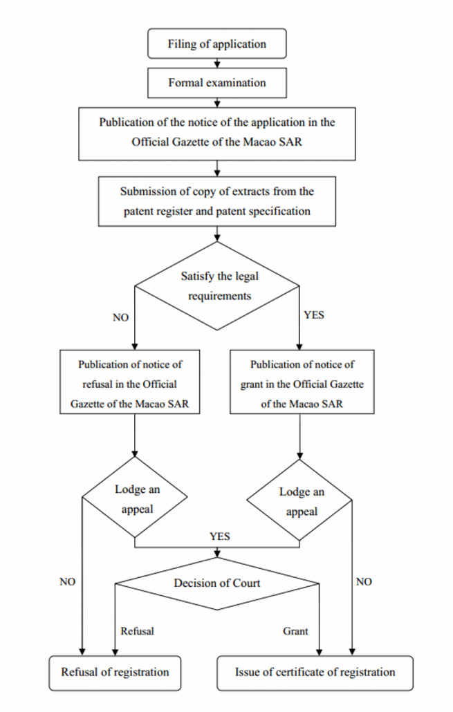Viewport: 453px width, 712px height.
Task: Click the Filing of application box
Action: [x=217, y=44]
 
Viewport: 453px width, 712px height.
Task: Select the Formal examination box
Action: [x=217, y=83]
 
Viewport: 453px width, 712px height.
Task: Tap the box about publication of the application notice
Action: [x=217, y=133]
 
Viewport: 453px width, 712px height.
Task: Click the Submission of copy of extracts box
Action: [x=217, y=201]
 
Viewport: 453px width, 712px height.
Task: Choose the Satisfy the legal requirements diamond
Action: [x=217, y=286]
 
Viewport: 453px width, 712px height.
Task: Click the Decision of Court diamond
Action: [x=217, y=583]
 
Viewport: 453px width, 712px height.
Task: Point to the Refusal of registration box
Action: [x=115, y=672]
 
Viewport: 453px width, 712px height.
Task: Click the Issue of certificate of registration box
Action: [x=315, y=672]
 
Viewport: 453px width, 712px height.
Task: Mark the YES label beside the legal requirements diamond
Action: [x=314, y=315]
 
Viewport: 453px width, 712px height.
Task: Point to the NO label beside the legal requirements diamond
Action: [x=121, y=318]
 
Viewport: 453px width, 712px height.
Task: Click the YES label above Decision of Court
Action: [x=220, y=536]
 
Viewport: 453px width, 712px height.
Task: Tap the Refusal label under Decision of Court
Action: [x=137, y=631]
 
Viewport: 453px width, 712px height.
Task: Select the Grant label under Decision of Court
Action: [x=295, y=631]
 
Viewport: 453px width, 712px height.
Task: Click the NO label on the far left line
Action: [x=67, y=582]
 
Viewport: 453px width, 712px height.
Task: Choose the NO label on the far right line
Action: [x=364, y=582]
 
